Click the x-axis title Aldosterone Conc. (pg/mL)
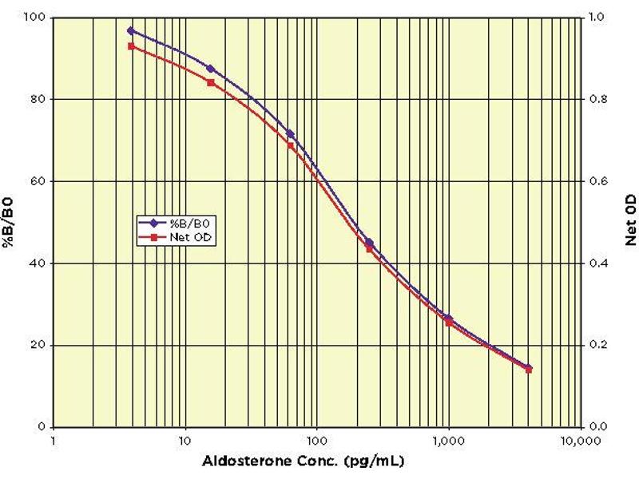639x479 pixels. coord(317,461)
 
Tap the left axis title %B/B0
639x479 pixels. coord(11,223)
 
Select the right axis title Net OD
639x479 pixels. coord(630,223)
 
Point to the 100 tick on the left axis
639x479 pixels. coord(36,17)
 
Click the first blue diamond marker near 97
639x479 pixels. coord(131,30)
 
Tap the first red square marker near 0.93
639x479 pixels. coord(131,46)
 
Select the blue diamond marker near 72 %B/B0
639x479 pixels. coord(290,133)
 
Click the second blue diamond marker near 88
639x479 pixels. coord(210,69)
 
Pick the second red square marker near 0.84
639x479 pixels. coord(210,82)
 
